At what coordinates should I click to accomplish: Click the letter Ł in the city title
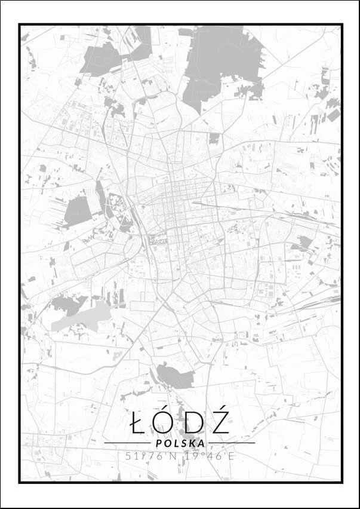(x=138, y=424)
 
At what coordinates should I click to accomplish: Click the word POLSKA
(x=180, y=443)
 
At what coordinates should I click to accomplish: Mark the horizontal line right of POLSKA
(x=232, y=443)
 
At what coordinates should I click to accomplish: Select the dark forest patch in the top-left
(x=104, y=57)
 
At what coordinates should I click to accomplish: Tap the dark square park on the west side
(x=78, y=211)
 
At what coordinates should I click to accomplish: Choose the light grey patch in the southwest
(x=84, y=316)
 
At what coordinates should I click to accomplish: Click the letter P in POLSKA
(x=158, y=443)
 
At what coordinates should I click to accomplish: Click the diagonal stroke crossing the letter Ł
(x=136, y=424)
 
